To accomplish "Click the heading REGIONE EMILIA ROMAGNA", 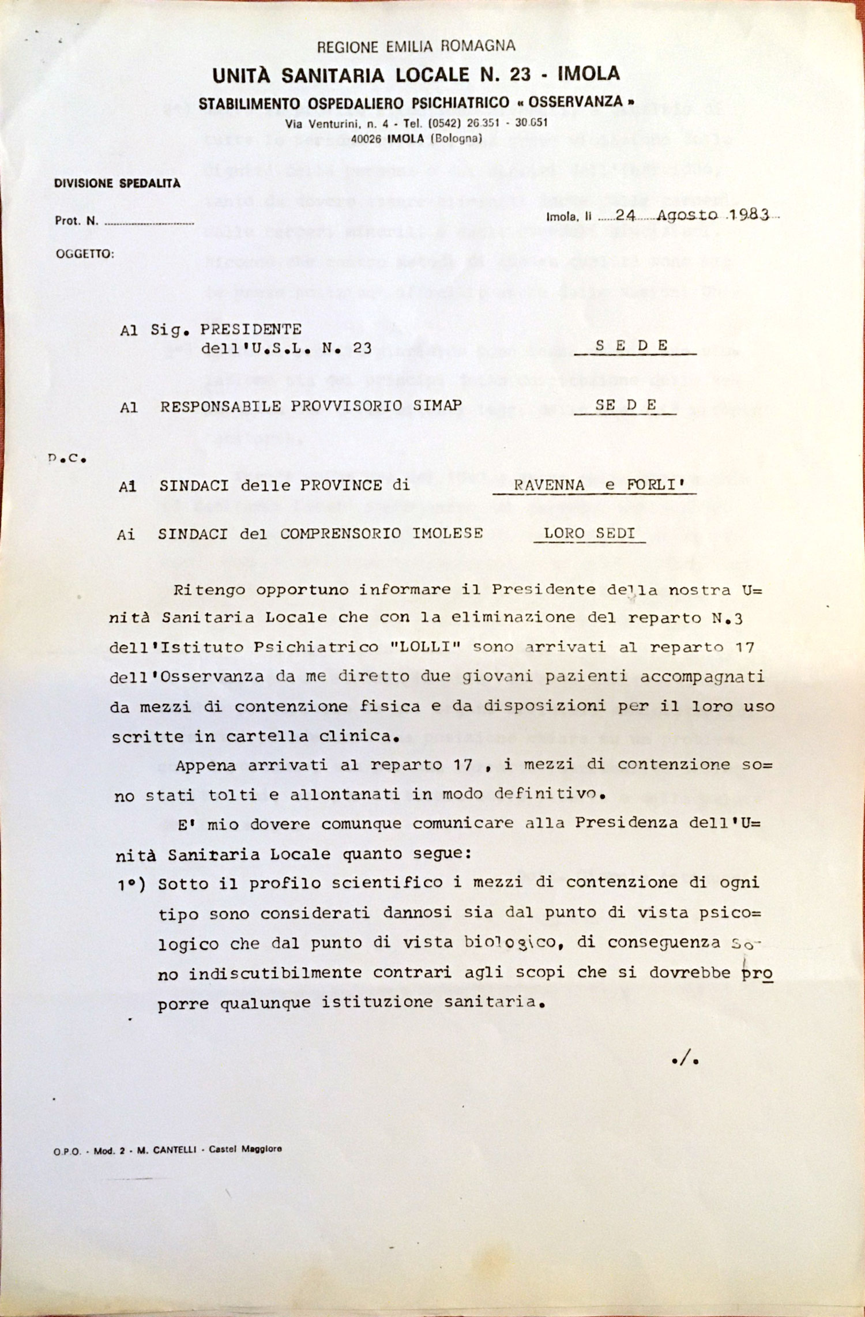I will click(416, 47).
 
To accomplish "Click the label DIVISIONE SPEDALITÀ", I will click(117, 183).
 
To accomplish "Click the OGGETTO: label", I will click(85, 254).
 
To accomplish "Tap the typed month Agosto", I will click(687, 216).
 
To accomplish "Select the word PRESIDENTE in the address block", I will click(250, 330).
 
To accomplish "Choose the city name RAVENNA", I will click(549, 486).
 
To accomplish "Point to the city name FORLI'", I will click(656, 485).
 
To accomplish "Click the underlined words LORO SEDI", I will click(589, 533).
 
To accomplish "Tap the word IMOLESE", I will click(447, 533).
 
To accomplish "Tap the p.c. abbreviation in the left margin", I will click(67, 460).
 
